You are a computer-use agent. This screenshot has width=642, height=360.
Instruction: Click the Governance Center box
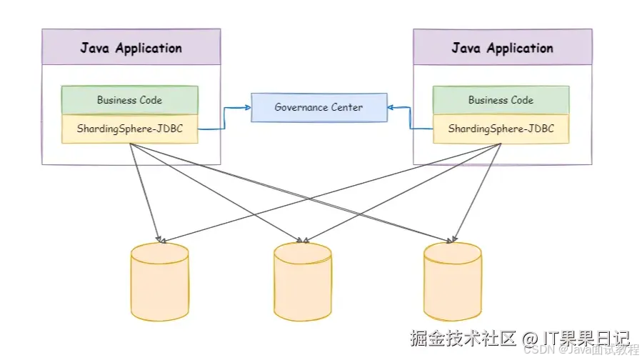319,107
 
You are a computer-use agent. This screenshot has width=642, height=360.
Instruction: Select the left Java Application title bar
131,49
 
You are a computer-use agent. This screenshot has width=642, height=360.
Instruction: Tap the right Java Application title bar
502,49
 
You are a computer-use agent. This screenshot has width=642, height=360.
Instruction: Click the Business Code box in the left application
129,100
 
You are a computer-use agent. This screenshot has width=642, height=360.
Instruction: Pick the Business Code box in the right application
501,100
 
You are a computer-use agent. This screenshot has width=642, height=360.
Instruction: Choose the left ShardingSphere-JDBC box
129,129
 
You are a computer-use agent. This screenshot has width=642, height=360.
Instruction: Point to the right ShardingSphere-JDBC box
501,129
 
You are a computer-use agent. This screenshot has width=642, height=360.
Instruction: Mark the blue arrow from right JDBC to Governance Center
411,118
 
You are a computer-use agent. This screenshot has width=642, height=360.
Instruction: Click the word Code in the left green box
150,100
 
